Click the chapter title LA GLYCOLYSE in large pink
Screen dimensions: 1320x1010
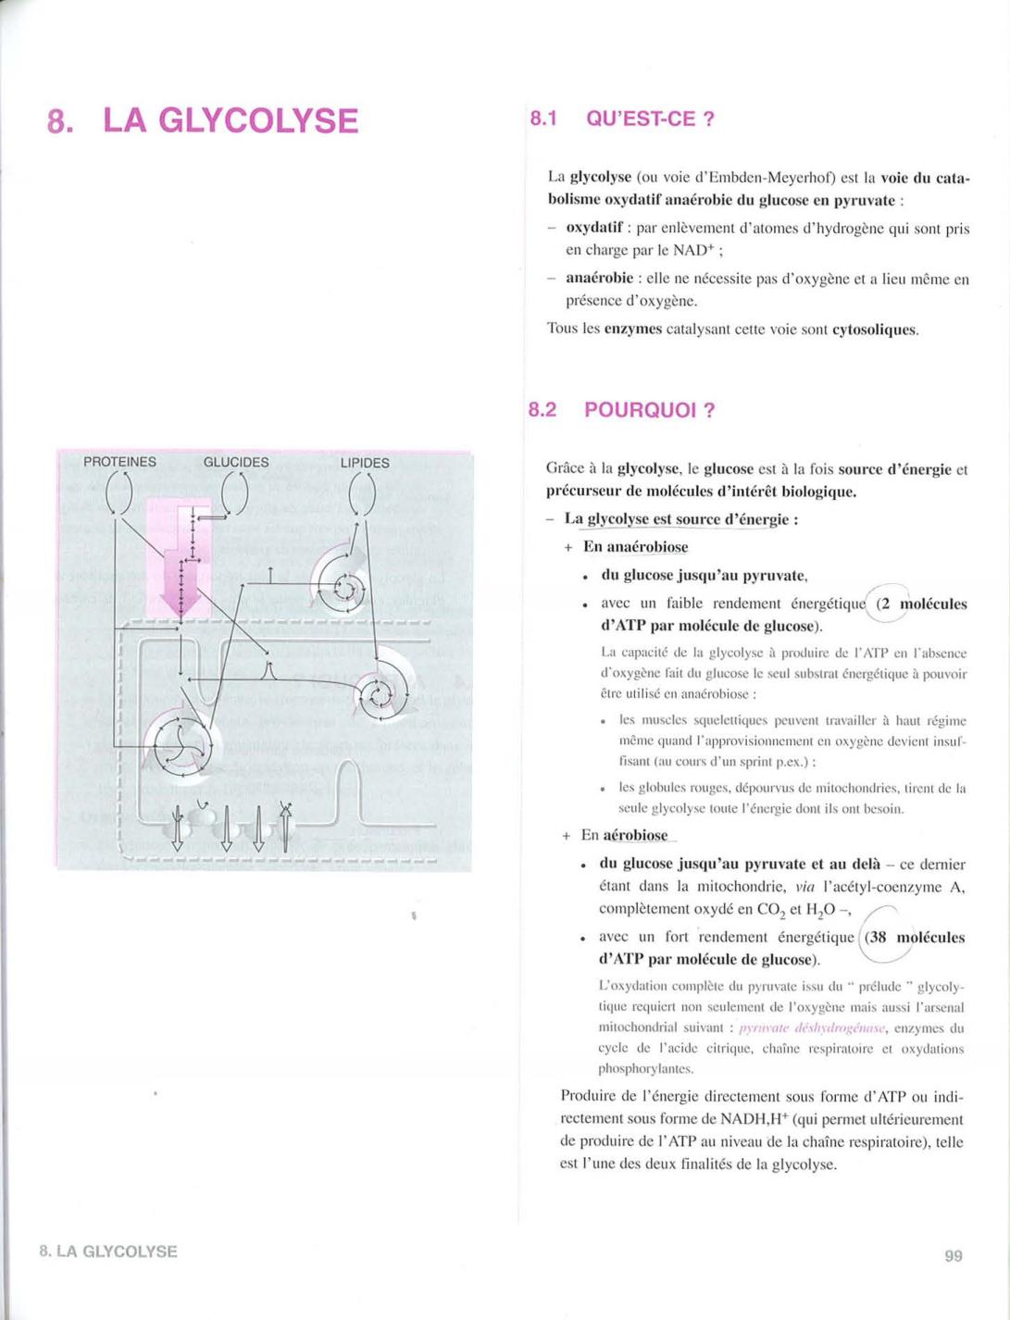point(231,121)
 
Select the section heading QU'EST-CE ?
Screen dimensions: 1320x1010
point(651,118)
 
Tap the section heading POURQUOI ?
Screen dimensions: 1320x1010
point(649,410)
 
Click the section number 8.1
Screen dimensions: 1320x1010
point(543,118)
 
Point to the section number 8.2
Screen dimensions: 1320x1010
point(542,410)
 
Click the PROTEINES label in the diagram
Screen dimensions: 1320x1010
point(119,462)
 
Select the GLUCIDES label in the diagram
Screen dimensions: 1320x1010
point(236,462)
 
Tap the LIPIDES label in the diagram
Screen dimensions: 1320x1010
point(365,462)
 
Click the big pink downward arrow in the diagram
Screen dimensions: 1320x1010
point(181,583)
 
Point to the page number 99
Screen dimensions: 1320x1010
point(954,1256)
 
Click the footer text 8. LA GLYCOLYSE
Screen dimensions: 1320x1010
point(108,1252)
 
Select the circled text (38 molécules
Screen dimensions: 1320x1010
point(915,937)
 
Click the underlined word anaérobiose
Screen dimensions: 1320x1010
point(645,547)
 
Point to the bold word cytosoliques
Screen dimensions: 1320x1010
point(875,330)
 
